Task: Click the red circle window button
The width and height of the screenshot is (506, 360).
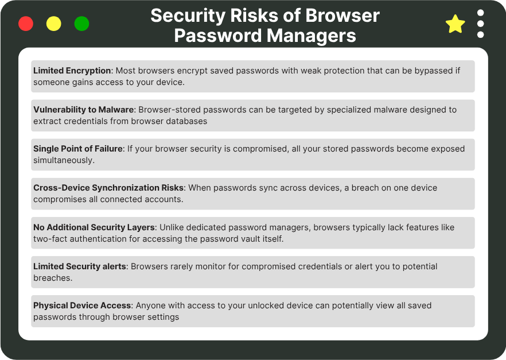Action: click(26, 24)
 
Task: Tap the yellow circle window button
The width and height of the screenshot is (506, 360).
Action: click(54, 24)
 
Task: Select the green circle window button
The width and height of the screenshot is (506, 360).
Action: click(82, 24)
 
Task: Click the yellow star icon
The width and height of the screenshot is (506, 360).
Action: click(455, 24)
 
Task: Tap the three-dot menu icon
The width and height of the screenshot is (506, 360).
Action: click(481, 24)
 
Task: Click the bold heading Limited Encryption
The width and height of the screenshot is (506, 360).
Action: click(72, 71)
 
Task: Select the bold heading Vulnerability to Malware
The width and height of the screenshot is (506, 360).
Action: click(83, 110)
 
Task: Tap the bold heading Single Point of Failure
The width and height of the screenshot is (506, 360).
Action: click(78, 149)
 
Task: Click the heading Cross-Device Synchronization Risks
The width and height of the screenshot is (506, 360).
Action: click(108, 188)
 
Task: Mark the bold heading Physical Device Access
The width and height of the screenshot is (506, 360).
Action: click(83, 305)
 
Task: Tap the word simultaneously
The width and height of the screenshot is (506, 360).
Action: click(64, 160)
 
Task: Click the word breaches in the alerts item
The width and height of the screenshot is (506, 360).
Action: click(53, 277)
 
